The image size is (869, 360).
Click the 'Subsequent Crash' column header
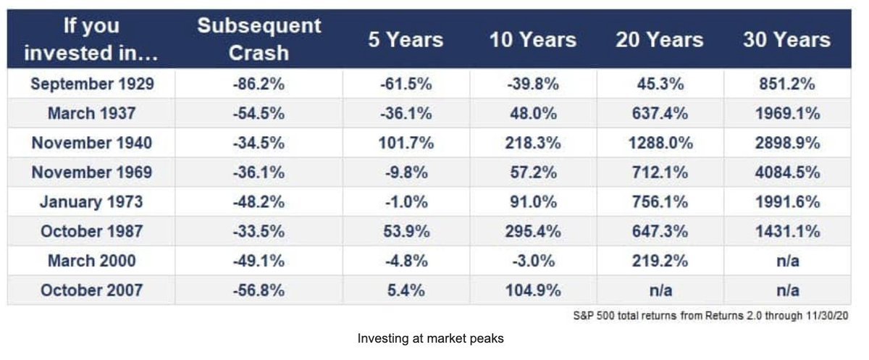pos(259,39)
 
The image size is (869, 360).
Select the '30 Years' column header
pos(786,40)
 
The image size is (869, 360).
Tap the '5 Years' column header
pos(406,40)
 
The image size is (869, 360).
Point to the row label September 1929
pos(92,84)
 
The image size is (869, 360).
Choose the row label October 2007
pos(92,290)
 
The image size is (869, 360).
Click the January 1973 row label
pos(92,201)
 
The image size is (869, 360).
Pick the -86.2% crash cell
pos(259,84)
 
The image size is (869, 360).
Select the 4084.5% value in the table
pos(787,172)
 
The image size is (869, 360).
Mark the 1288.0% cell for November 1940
pos(660,143)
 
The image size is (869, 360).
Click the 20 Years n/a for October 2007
pos(660,290)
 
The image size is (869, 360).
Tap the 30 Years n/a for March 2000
pos(788,261)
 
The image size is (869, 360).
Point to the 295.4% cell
pos(533,231)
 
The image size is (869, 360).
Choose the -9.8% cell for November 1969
pos(406,172)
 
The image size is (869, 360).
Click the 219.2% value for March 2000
pos(660,261)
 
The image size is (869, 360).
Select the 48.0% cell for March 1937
pos(533,113)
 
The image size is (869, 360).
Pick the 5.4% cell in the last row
pos(406,290)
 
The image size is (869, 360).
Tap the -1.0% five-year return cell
pos(406,201)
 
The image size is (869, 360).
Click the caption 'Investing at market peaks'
pos(431,338)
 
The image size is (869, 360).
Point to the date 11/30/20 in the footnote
pos(827,315)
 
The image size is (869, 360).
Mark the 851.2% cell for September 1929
pos(787,84)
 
